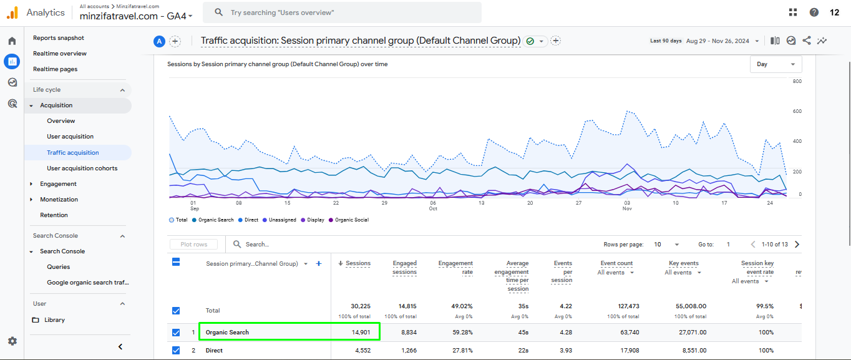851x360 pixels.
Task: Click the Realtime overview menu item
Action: [60, 54]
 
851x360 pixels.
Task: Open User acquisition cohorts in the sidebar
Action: [82, 168]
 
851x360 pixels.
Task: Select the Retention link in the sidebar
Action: [54, 215]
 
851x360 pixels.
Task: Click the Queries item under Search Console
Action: [58, 267]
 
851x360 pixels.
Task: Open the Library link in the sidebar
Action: [54, 320]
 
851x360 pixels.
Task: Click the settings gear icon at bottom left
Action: [12, 341]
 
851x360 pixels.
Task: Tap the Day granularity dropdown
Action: [776, 64]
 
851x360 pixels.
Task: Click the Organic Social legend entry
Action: [351, 220]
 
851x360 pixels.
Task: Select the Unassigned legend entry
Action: [282, 220]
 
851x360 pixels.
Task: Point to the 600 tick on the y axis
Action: [797, 112]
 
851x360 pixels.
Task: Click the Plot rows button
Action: [193, 245]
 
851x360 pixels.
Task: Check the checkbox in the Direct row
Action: [176, 351]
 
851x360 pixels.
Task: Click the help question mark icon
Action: [814, 12]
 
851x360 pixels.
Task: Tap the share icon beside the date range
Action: [807, 41]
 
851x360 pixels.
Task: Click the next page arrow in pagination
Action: [797, 245]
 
